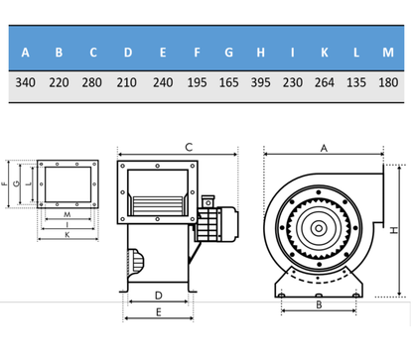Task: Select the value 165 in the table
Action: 229,84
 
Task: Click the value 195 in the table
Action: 196,84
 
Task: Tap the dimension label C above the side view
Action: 189,146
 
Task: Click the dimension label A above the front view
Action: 324,146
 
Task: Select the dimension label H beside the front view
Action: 395,230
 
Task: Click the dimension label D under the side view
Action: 159,297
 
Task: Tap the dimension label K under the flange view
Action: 67,236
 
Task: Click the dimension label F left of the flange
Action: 6,183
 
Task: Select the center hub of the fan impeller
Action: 320,228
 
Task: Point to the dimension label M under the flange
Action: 67,214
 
